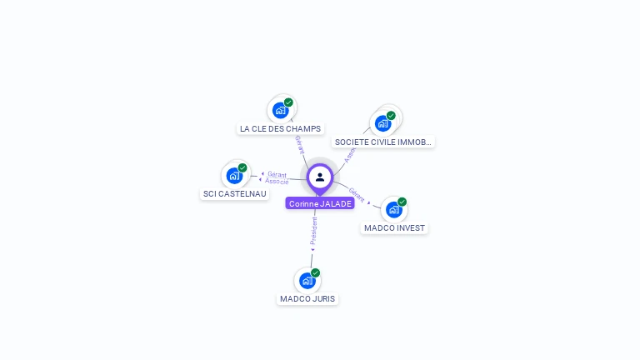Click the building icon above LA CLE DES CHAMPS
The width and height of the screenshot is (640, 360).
coord(281,110)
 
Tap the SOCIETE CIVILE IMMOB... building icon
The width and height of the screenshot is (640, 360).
coord(382,123)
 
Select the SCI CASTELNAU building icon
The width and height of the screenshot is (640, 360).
coord(234,175)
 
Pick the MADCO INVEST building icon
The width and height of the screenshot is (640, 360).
coord(393,209)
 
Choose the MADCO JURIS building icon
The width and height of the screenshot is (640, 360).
coord(307,280)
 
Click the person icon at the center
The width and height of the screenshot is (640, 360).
coord(320,177)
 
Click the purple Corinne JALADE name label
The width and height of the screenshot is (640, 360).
coord(320,203)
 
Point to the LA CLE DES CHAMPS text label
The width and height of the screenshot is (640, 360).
coord(280,129)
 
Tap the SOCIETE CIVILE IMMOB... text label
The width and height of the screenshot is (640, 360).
coord(383,142)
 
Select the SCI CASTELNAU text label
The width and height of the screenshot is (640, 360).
coord(235,194)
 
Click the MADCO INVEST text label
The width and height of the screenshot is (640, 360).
coord(394,228)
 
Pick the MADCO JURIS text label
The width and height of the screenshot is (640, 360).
coord(307,299)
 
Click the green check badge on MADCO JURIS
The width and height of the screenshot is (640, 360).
coord(315,272)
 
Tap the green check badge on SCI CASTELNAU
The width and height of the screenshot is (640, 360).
coord(242,167)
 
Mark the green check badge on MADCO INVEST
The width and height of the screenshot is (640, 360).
coord(402,202)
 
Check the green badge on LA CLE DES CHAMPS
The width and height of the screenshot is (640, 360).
coord(288,102)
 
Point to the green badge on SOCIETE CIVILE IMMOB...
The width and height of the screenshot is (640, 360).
coord(391,116)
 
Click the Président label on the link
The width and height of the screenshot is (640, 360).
coord(314,232)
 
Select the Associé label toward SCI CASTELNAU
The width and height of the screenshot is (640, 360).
coord(277,181)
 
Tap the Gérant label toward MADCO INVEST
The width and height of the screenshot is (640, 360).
coord(357,195)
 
